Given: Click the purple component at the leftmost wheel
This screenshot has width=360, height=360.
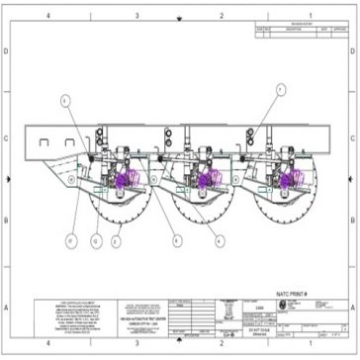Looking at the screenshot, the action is click(x=123, y=180).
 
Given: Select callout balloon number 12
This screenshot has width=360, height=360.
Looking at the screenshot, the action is click(x=96, y=237).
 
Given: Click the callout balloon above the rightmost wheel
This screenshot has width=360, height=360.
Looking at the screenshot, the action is click(x=281, y=89).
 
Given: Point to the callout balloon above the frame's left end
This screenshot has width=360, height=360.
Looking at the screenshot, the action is click(x=66, y=101).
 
